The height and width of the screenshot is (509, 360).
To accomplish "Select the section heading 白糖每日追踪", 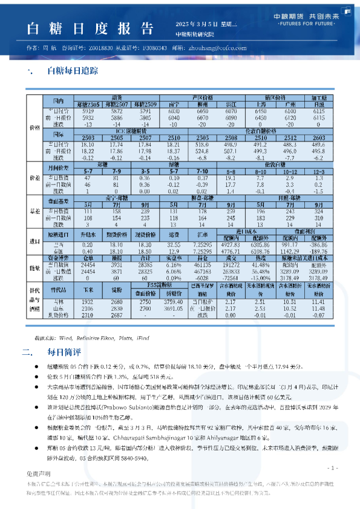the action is (x=72, y=71).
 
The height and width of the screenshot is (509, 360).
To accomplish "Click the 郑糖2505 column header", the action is (x=87, y=105).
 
